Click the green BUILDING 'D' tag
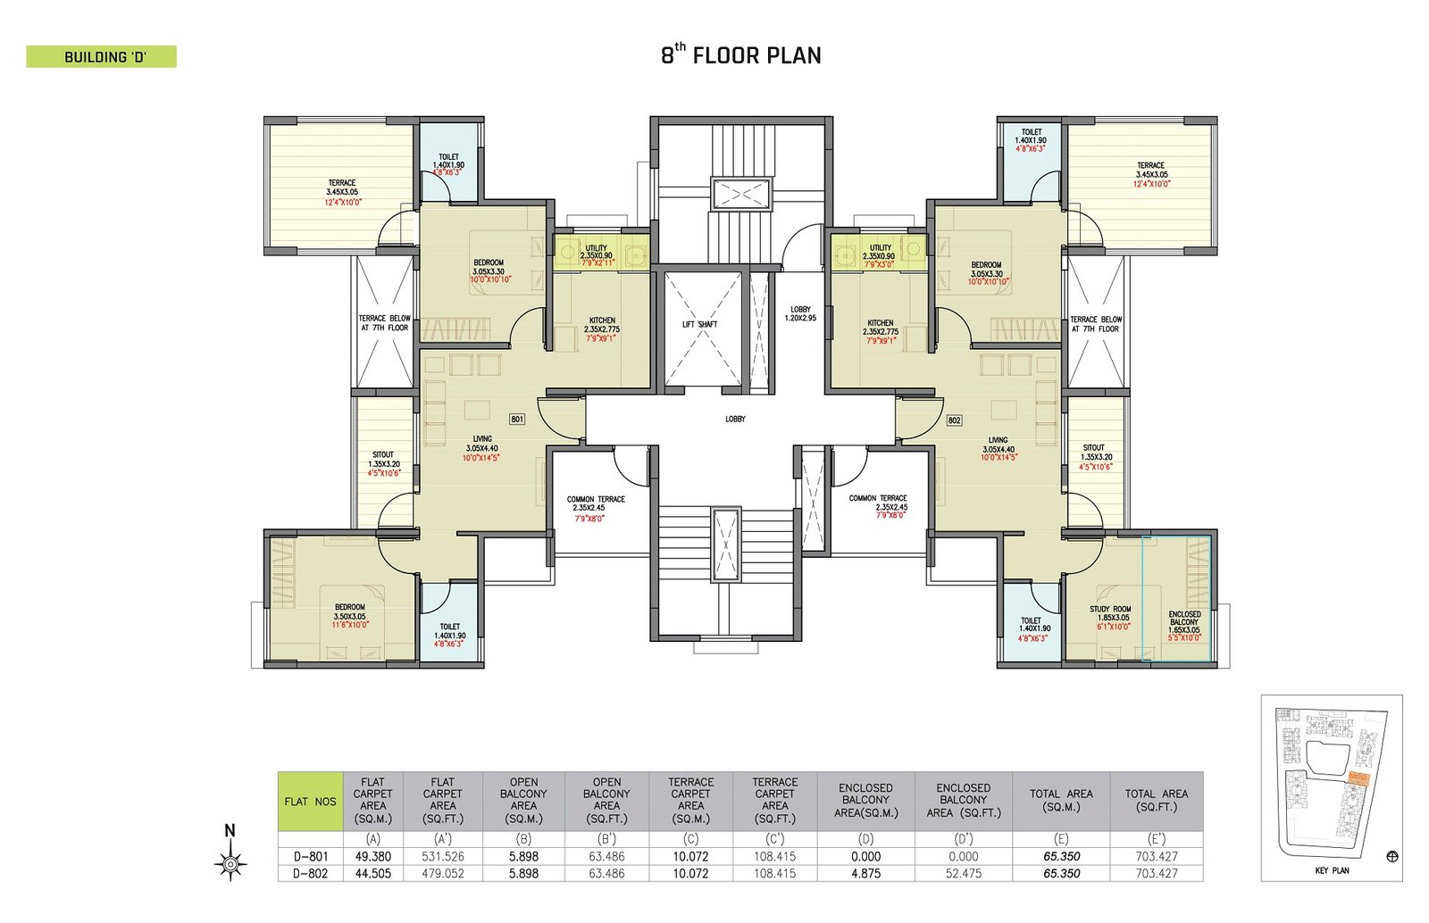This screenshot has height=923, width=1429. [102, 57]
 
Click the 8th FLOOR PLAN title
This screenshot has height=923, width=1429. [740, 55]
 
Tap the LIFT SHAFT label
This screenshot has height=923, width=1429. [699, 324]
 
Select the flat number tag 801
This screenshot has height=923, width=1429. [516, 419]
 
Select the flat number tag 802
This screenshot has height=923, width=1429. [954, 420]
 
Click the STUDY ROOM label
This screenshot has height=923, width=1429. [1109, 610]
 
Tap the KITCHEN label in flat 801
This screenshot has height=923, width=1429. [602, 320]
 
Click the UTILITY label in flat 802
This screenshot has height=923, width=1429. [880, 248]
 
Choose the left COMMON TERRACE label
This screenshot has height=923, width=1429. [596, 500]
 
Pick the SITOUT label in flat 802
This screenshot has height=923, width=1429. [1093, 448]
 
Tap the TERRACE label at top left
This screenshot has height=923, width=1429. [341, 183]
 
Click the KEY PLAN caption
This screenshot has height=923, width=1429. [1332, 870]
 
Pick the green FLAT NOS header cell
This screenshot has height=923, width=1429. [310, 801]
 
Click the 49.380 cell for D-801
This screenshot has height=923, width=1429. [372, 856]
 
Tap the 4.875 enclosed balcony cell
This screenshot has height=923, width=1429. [865, 873]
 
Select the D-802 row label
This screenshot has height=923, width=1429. [310, 873]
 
